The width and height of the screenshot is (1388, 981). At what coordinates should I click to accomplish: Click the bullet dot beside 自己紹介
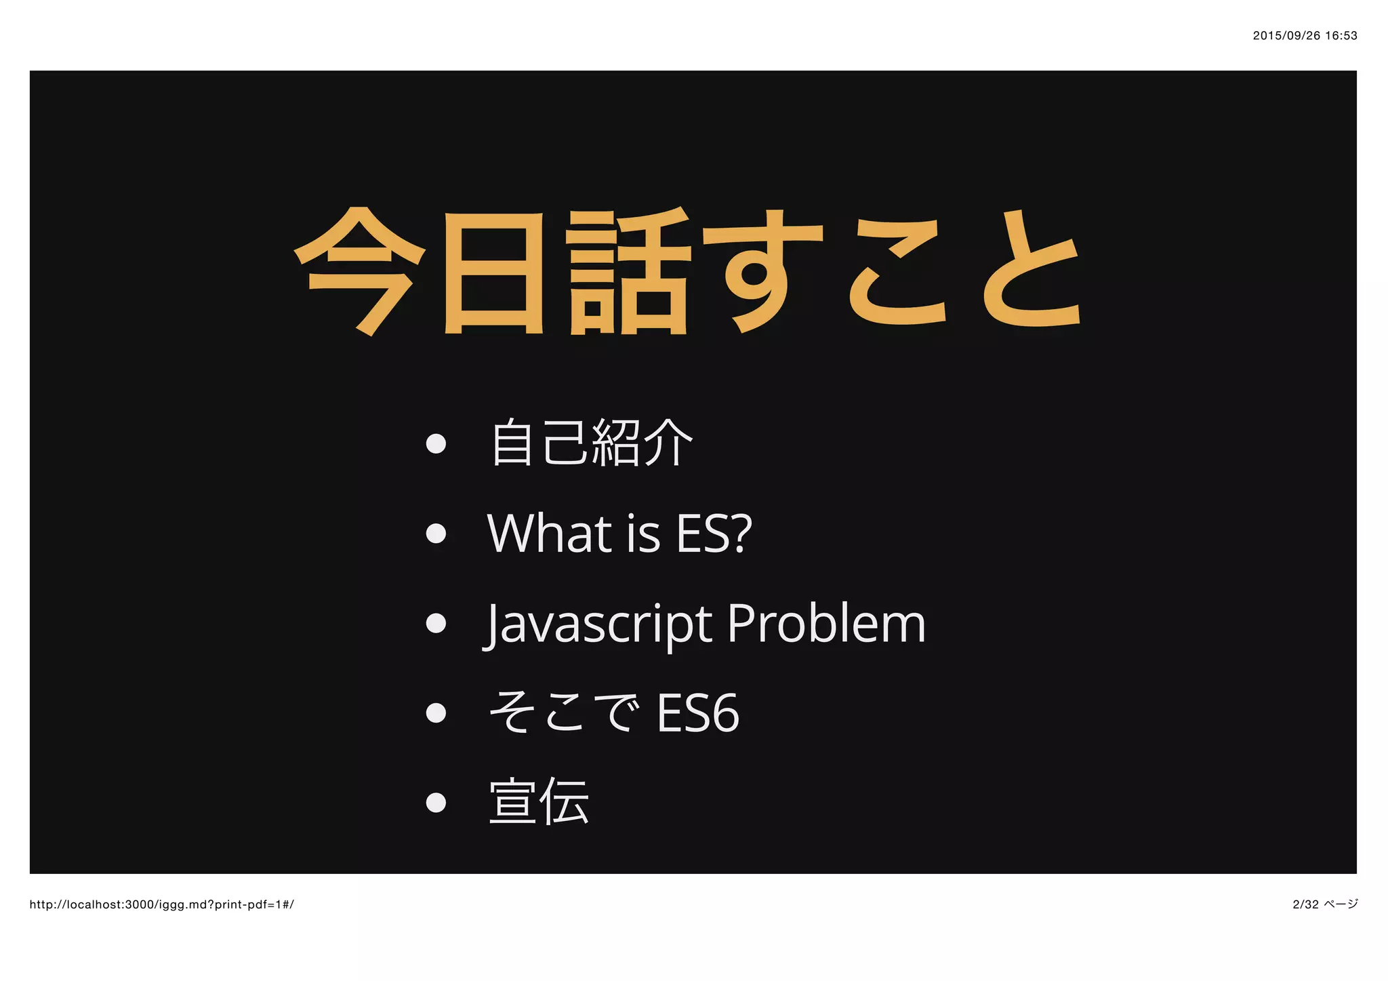pos(436,443)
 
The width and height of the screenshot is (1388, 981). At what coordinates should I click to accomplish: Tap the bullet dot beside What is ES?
pos(436,534)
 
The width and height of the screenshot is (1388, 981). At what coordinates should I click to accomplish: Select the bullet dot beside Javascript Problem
pos(436,623)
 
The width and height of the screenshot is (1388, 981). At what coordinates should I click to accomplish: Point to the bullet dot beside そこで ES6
pos(436,713)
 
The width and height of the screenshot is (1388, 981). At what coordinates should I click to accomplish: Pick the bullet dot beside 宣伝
pos(436,803)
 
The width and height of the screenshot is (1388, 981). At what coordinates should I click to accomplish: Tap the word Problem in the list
pos(826,624)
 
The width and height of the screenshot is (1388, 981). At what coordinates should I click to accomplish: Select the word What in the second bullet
pos(549,534)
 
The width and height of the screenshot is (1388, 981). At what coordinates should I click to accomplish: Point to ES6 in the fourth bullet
pos(698,713)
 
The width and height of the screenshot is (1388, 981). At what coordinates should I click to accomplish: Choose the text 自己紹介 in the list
pos(592,443)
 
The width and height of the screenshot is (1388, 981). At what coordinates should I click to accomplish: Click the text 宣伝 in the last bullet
pos(539,802)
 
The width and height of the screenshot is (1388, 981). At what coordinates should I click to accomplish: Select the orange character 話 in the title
pos(628,271)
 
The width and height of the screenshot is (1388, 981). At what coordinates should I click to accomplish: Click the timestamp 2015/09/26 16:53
pos(1305,36)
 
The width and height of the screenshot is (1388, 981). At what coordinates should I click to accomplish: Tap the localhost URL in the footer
pos(162,904)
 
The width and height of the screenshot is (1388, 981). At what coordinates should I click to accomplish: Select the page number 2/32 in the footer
pos(1306,904)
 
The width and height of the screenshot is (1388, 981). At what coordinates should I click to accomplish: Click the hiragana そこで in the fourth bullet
pos(564,713)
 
